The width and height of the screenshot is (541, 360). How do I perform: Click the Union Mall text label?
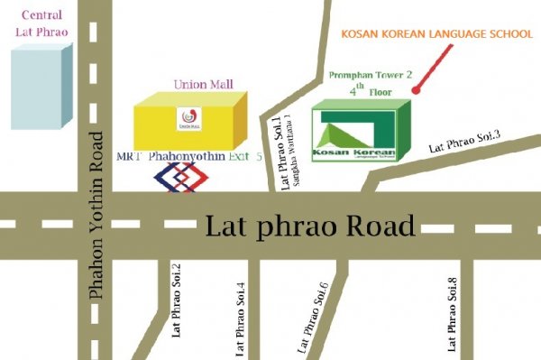(204, 84)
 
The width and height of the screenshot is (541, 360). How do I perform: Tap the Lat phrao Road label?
(310, 225)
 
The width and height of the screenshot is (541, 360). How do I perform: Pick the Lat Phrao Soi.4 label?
(240, 315)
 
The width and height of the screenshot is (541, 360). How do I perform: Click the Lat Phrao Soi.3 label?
(463, 141)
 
